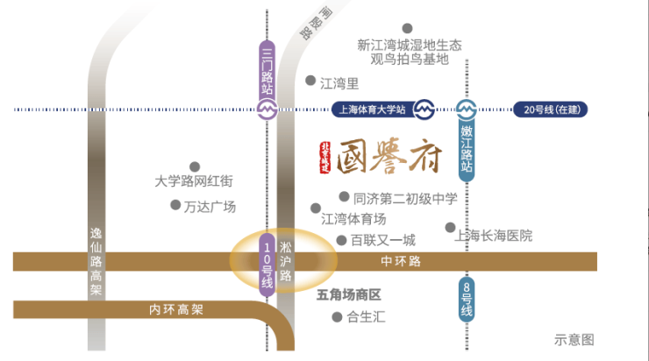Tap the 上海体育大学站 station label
pos(371,110)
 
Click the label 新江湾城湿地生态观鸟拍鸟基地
pos(410,52)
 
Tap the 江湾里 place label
pos(340,84)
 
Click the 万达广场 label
pos(210,207)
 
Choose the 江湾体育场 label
pos(354,218)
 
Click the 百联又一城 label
pos(382,239)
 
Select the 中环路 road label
pos(401,261)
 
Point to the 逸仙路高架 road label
pos(96,263)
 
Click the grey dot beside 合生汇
pos(336,317)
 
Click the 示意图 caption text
pos(574,340)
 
